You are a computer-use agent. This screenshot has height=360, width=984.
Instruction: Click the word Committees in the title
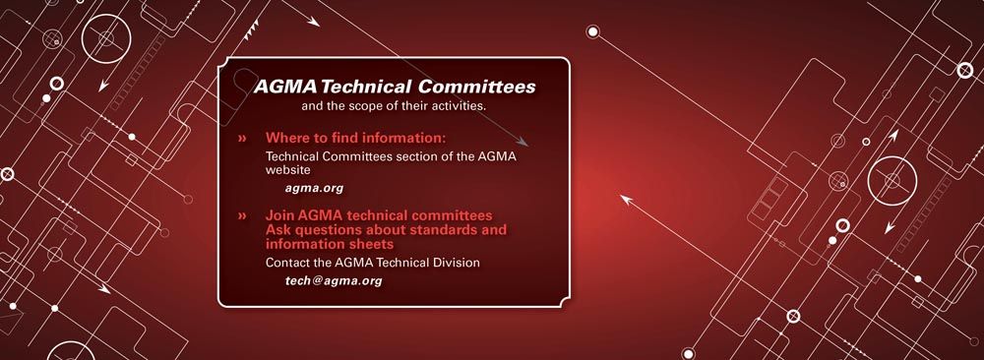click(x=473, y=87)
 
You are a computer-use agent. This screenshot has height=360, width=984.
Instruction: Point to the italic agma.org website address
click(x=314, y=187)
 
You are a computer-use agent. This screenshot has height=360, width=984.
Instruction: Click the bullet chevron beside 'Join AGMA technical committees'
click(x=242, y=214)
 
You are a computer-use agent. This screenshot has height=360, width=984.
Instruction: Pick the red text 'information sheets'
click(x=330, y=243)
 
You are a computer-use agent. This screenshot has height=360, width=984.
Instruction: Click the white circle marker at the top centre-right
click(x=592, y=31)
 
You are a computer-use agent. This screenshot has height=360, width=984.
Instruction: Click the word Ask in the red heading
click(x=279, y=229)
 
